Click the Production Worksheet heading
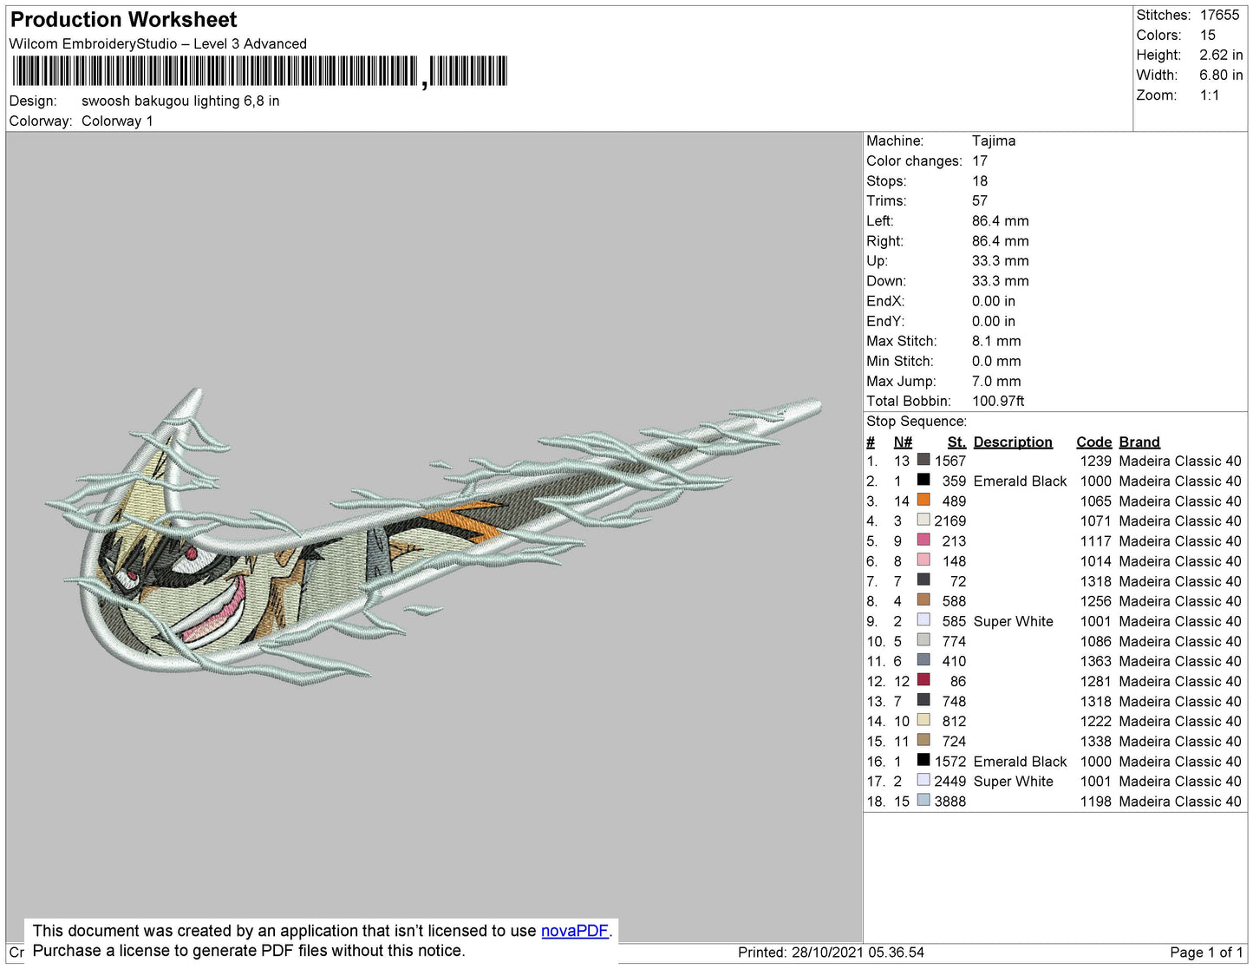tap(123, 20)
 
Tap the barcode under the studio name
tap(259, 71)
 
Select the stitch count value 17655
tap(1219, 15)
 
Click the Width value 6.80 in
tap(1221, 75)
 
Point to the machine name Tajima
tap(994, 141)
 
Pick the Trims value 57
tap(980, 200)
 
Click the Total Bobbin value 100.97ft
tap(998, 401)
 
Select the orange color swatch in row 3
tap(923, 500)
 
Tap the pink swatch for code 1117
tap(923, 540)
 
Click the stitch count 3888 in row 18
tap(950, 802)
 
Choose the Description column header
tap(1013, 442)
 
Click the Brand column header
tap(1139, 442)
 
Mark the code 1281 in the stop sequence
tap(1095, 681)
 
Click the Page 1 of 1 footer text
tap(1205, 953)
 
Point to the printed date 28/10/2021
tap(827, 953)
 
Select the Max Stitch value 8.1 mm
tap(995, 341)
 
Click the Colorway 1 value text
tap(117, 121)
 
